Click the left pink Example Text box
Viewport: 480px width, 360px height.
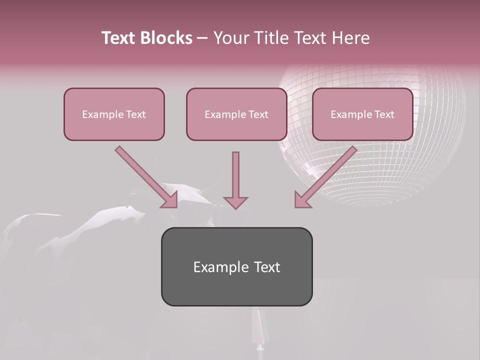pyautogui.click(x=114, y=114)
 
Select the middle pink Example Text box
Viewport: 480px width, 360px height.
pyautogui.click(x=236, y=114)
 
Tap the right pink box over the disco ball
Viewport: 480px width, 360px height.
pyautogui.click(x=362, y=114)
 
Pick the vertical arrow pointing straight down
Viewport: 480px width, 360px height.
pyautogui.click(x=235, y=175)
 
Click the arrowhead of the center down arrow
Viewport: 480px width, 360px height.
pyautogui.click(x=235, y=202)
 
